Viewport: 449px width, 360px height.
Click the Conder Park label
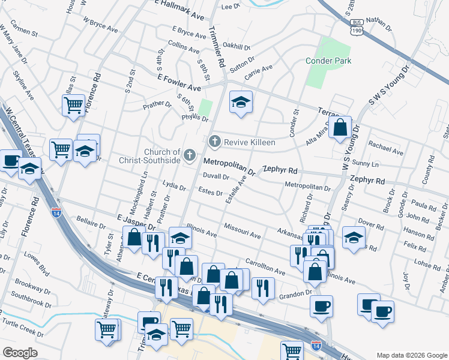pos(328,60)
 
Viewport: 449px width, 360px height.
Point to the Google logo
pos(20,353)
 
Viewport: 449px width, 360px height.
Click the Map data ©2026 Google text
pos(411,355)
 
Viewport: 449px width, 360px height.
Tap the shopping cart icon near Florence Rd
pos(73,106)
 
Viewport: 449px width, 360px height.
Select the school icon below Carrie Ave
pos(241,102)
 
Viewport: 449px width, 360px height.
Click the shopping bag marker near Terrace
pos(340,128)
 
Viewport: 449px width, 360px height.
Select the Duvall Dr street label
pos(215,176)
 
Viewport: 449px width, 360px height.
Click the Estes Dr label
pos(211,193)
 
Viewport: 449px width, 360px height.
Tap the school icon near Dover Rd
pos(354,237)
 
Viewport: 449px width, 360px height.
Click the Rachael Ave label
pos(385,145)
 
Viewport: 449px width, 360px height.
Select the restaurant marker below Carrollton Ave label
pos(263,288)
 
